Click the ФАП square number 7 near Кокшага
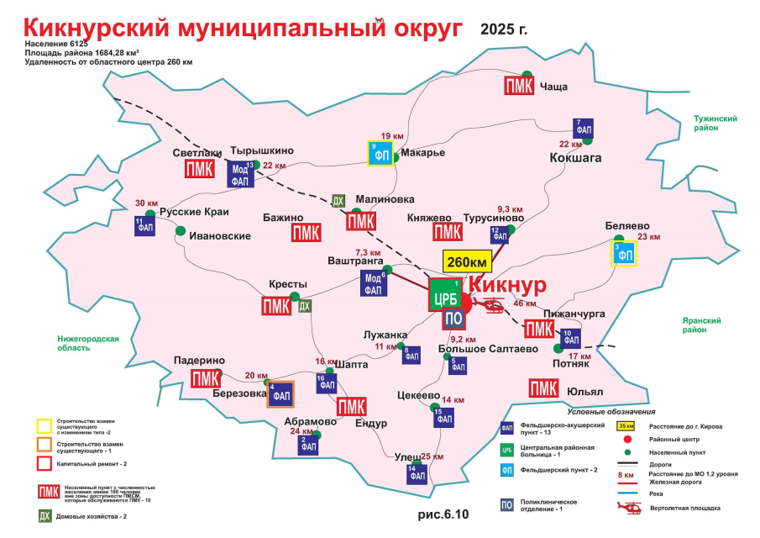[x=584, y=129]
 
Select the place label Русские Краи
[x=194, y=213]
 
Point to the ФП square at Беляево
[x=623, y=252]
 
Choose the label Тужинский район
[x=715, y=124]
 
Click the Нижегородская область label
[x=83, y=345]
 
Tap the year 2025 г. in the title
[x=504, y=29]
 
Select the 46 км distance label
[x=524, y=303]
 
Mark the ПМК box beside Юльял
[x=543, y=389]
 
